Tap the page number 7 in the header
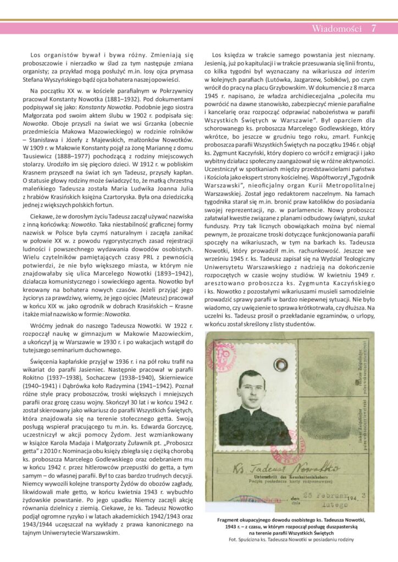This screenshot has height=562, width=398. [x=374, y=29]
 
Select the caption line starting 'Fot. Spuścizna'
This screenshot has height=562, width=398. [x=291, y=539]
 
